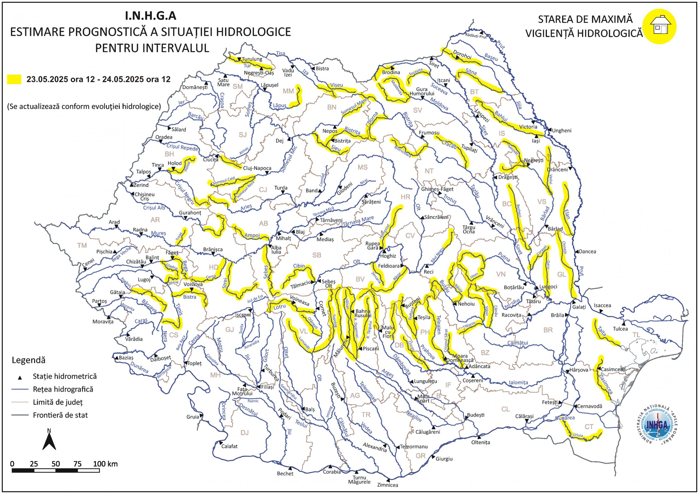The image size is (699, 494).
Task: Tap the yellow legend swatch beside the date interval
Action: tap(14, 79)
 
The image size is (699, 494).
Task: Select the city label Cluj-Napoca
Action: tap(257, 168)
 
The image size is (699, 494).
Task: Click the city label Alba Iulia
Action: tap(276, 249)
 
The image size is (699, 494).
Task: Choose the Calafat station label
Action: tap(229, 446)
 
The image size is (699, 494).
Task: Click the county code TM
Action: tap(82, 245)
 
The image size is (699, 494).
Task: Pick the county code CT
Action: tap(589, 427)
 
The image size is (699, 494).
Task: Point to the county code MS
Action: tap(363, 167)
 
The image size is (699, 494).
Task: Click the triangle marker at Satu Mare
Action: tap(225, 76)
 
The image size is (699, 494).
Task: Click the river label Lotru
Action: tap(280, 307)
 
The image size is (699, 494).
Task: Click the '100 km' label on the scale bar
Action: tap(105, 464)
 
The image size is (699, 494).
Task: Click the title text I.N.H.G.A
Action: tap(151, 16)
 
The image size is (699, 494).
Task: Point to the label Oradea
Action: tap(164, 137)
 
